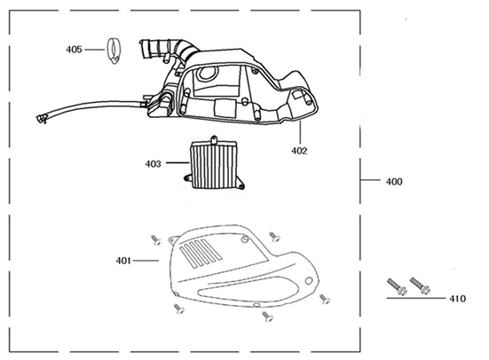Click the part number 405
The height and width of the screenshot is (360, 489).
point(74,50)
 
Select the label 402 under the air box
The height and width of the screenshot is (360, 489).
point(298,151)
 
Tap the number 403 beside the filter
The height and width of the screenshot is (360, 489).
point(153,163)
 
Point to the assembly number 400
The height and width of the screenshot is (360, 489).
point(393,182)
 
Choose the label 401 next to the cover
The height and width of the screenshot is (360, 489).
point(123,261)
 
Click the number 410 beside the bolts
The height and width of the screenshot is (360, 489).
point(457,299)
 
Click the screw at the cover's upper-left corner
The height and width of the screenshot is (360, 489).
point(154,239)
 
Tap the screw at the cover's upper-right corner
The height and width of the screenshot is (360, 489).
point(275,237)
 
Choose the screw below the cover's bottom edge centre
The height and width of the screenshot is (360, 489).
point(266,316)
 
